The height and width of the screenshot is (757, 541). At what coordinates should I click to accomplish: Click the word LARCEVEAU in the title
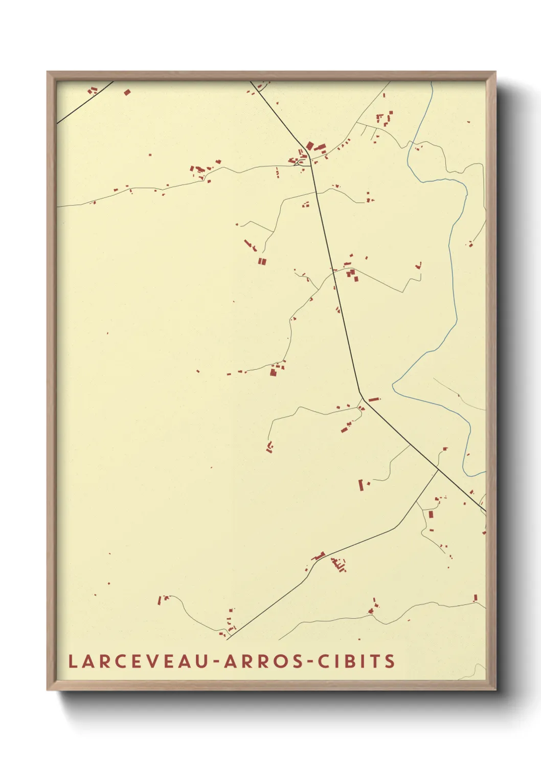pos(138,661)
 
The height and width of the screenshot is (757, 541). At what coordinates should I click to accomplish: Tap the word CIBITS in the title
pos(356,661)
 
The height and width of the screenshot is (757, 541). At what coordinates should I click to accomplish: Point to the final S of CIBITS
pos(390,661)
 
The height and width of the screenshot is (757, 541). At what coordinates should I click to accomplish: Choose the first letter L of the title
pos(73,661)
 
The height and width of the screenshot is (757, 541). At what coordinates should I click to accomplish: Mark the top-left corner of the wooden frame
pos(48,72)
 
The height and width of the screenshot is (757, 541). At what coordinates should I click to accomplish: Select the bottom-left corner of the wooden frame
pos(48,689)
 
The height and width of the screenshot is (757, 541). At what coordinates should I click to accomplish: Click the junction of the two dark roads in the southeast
pos(438,468)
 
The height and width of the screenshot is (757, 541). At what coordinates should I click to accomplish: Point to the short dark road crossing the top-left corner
pos(84,103)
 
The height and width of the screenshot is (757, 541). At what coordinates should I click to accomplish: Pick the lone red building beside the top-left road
pos(127,93)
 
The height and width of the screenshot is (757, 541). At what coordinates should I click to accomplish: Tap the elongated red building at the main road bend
pos(374,399)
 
